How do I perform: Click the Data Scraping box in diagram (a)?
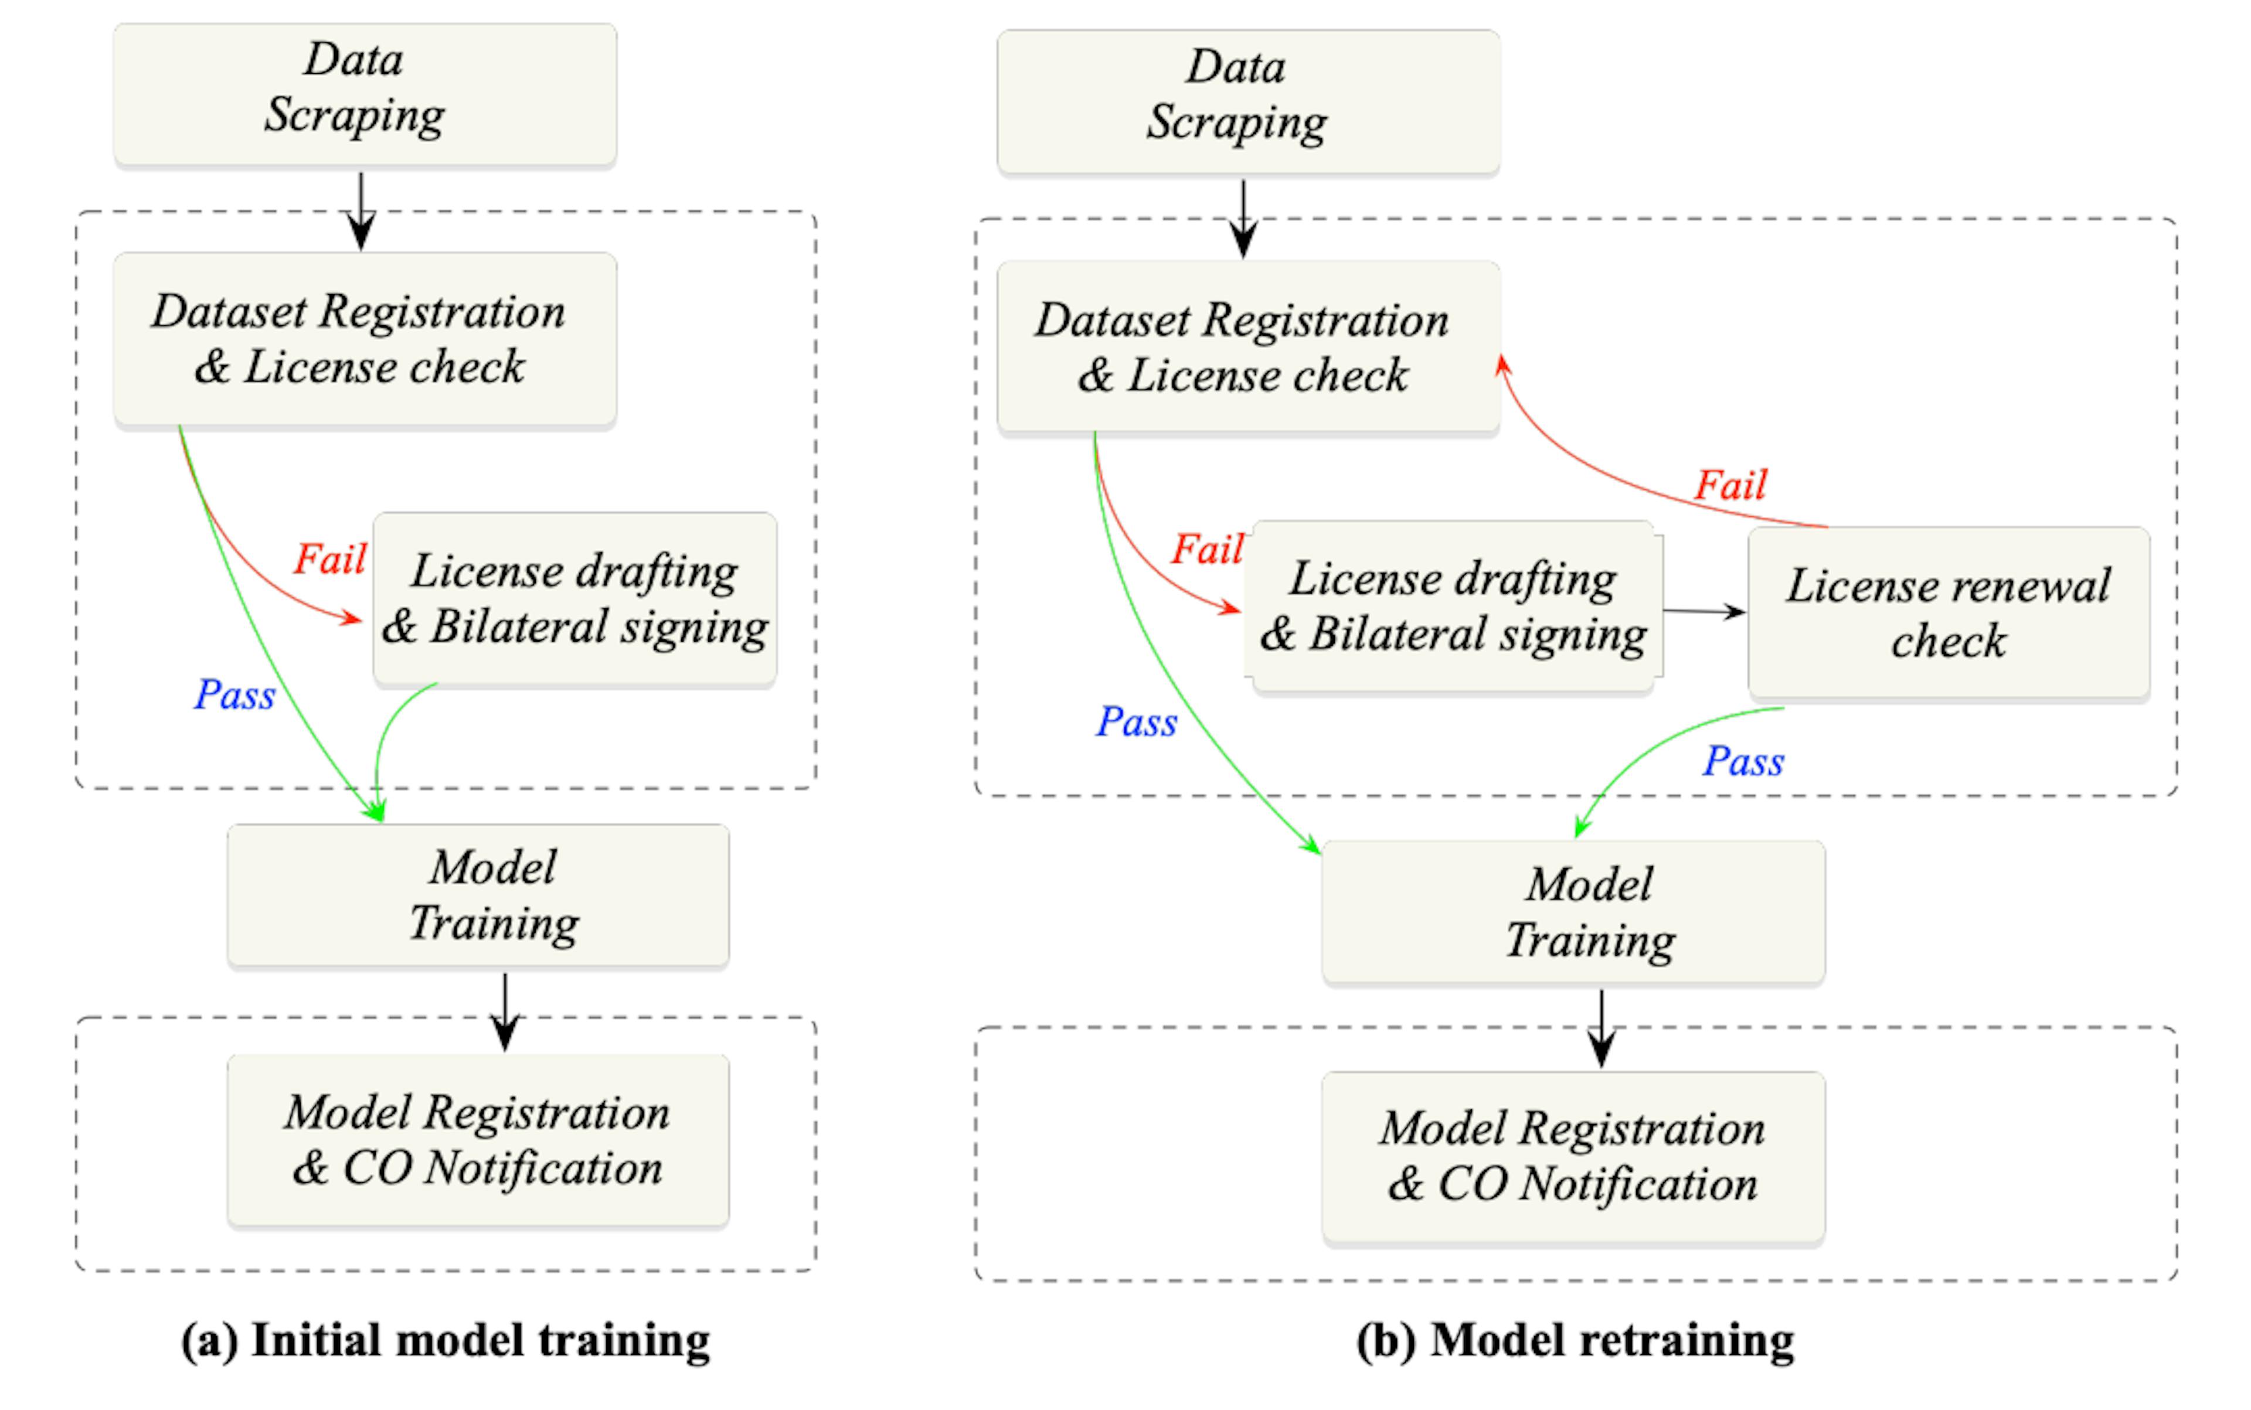coord(364,93)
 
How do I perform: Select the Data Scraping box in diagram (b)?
coord(1247,101)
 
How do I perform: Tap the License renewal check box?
coord(1948,612)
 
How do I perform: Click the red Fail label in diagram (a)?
coord(329,558)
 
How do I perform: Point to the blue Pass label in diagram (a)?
coord(234,694)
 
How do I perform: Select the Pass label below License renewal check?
coord(1743,761)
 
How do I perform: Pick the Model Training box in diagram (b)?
coord(1573,911)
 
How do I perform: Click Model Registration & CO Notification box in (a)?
coord(478,1140)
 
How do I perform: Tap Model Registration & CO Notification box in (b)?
coord(1573,1156)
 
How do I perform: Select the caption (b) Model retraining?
coord(1575,1341)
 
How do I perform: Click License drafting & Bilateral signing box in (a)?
coord(574,599)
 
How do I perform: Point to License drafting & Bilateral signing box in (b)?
coord(1453,606)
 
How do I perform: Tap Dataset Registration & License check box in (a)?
coord(364,339)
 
